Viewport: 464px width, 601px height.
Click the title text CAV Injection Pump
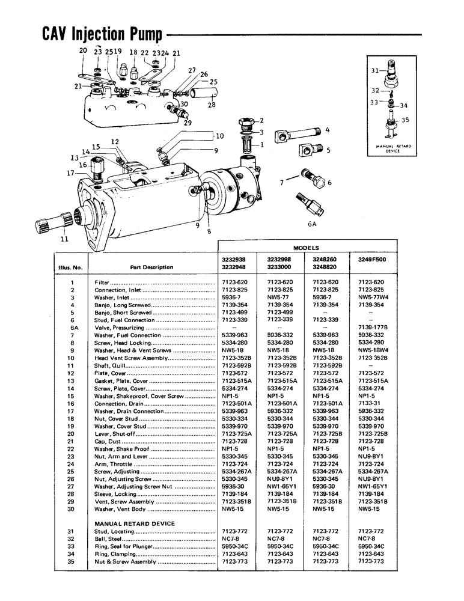click(101, 34)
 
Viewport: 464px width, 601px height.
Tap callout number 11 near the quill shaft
click(64, 239)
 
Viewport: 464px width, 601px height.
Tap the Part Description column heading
click(151, 267)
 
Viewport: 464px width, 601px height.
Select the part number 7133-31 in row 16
click(372, 403)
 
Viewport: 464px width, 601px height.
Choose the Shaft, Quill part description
click(111, 365)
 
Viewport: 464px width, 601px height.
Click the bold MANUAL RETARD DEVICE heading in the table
click(135, 523)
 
